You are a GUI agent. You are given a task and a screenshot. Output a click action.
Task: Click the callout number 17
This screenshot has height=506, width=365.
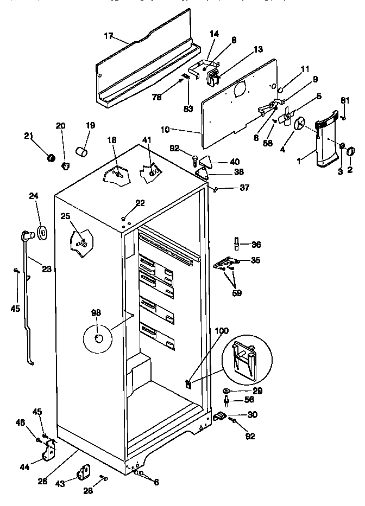(108, 36)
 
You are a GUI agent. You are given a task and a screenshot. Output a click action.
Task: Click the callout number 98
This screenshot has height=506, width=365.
(96, 313)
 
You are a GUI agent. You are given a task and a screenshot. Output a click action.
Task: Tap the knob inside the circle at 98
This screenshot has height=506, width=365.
(98, 339)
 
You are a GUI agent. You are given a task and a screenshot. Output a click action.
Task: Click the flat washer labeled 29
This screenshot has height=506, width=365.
(226, 391)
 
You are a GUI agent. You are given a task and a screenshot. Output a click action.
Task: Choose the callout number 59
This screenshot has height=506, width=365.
(237, 293)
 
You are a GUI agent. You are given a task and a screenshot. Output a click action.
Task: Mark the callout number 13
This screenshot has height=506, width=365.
(257, 49)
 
